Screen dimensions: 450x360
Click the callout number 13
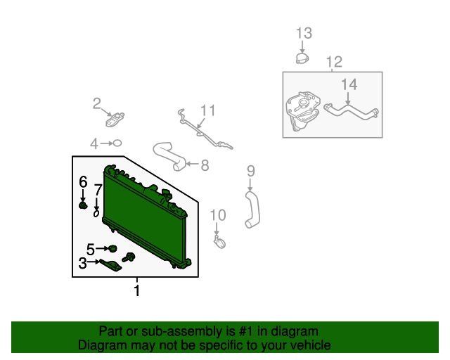point(304,33)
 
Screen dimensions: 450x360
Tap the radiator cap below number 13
point(302,58)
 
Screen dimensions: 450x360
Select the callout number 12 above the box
point(334,62)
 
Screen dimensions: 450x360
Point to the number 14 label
point(349,84)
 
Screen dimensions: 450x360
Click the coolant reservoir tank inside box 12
point(302,111)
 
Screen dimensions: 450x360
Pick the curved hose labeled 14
point(352,112)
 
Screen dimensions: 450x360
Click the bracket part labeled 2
point(115,120)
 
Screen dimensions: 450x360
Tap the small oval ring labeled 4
point(117,143)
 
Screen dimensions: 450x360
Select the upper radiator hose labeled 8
point(169,157)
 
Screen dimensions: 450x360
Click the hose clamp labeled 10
point(219,243)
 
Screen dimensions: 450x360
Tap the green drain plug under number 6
point(83,205)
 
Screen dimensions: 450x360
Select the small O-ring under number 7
point(96,214)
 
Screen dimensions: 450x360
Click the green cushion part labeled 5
point(112,249)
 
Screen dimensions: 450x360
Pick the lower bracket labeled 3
point(111,264)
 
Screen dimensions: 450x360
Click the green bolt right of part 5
point(129,257)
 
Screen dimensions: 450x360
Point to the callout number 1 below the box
point(137,290)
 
